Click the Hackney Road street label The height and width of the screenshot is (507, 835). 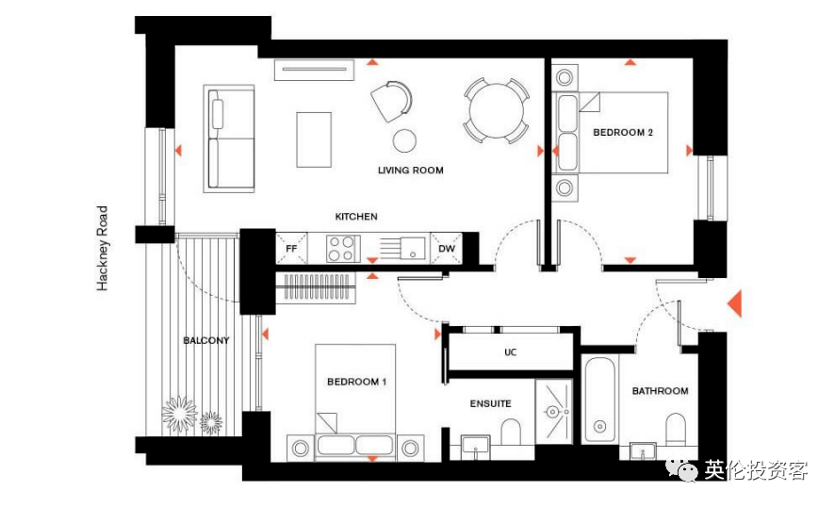[x=102, y=248]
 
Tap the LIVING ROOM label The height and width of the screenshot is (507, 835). [x=411, y=171]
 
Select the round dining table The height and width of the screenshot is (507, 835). [x=497, y=111]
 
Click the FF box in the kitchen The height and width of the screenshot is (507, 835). [x=291, y=248]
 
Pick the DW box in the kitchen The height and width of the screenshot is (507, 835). [x=447, y=248]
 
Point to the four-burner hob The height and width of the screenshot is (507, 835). [x=341, y=249]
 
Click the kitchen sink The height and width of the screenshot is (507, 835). [x=412, y=248]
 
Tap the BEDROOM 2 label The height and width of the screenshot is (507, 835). [x=623, y=133]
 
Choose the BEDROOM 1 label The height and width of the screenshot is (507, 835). [x=357, y=382]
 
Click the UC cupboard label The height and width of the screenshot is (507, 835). [x=510, y=352]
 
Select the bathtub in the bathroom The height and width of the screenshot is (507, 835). [x=600, y=400]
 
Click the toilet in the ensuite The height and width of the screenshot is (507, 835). [x=511, y=432]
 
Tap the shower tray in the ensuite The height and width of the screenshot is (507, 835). [x=554, y=411]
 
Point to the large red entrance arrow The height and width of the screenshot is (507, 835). [x=735, y=303]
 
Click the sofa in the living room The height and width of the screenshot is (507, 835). [x=229, y=139]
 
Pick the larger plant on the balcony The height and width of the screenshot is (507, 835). [x=179, y=414]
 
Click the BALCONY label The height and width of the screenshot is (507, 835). [x=206, y=340]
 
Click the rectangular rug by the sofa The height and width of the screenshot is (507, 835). [x=314, y=139]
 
